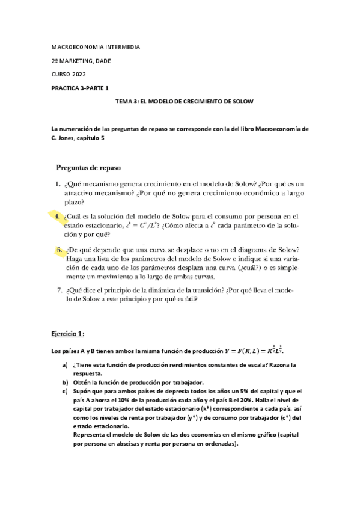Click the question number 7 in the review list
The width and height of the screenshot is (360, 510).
pos(59,290)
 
